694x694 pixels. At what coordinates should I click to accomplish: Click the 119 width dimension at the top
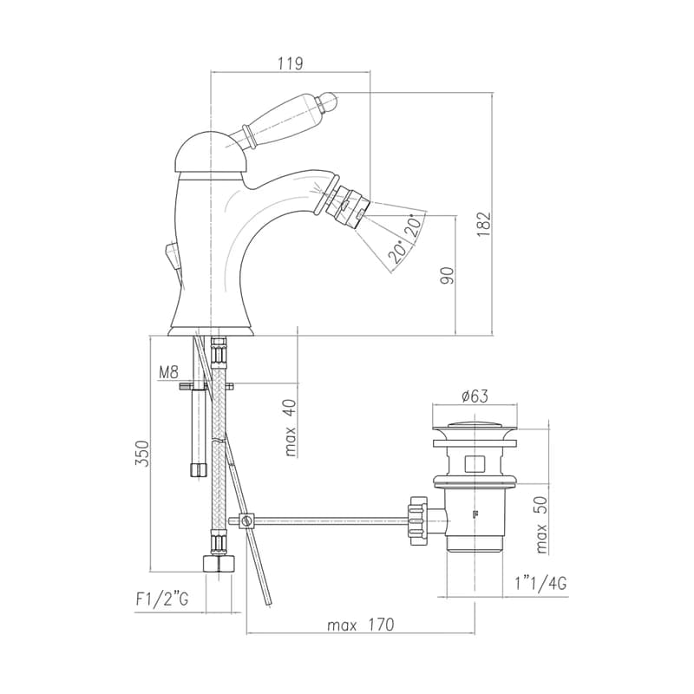pyautogui.click(x=291, y=63)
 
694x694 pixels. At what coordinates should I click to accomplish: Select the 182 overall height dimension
pyautogui.click(x=484, y=225)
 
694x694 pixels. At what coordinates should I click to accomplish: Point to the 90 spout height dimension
pyautogui.click(x=447, y=275)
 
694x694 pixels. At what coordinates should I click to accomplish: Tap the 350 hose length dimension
pyautogui.click(x=141, y=453)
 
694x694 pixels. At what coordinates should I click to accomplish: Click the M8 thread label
pyautogui.click(x=168, y=373)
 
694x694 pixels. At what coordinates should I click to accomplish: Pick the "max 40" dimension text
pyautogui.click(x=290, y=428)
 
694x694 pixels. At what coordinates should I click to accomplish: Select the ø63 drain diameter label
pyautogui.click(x=475, y=396)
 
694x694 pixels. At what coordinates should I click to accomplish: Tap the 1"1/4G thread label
pyautogui.click(x=540, y=584)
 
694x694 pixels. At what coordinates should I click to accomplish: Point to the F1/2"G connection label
pyautogui.click(x=162, y=599)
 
